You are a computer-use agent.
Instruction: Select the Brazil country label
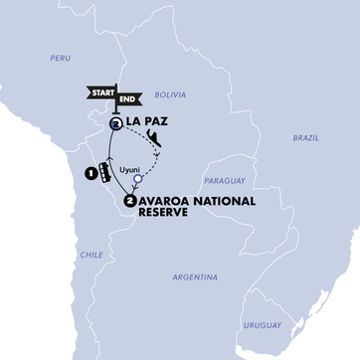(x=305, y=138)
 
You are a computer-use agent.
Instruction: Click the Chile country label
(x=91, y=256)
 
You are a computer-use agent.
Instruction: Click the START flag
(x=102, y=93)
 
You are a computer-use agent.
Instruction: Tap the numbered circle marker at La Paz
(x=116, y=123)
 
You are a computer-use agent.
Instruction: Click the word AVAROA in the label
(x=166, y=201)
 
